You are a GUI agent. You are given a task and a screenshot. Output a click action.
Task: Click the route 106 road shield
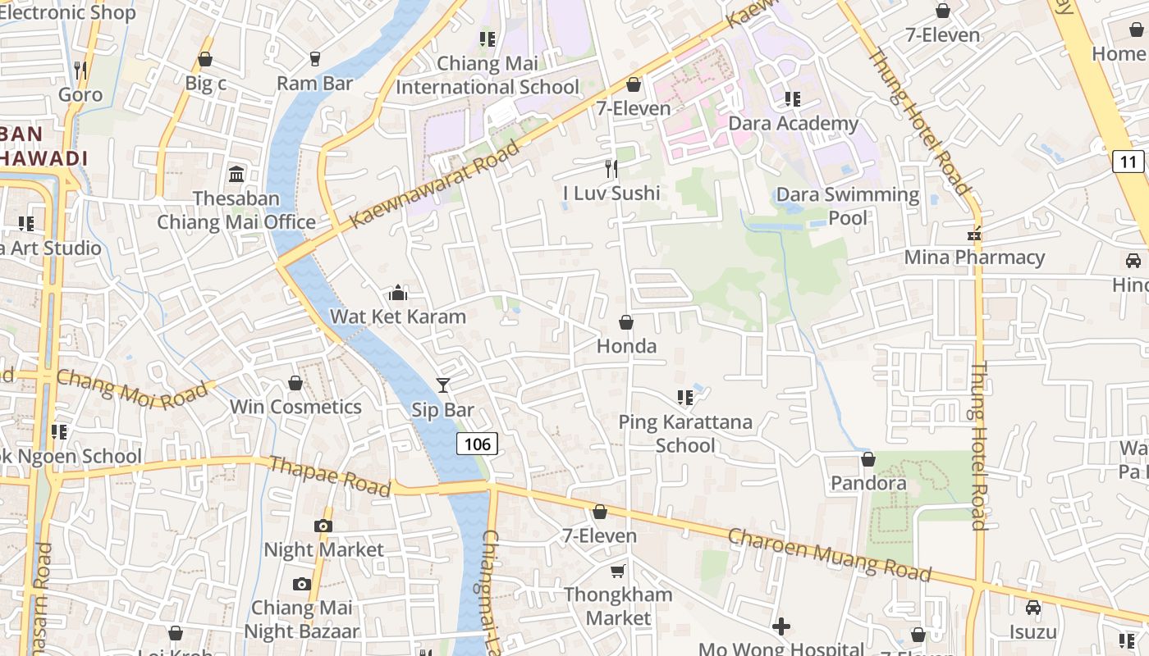tap(477, 444)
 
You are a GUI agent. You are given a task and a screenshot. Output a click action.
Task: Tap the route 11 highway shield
tap(1128, 161)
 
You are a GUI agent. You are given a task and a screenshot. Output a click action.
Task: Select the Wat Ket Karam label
tap(398, 317)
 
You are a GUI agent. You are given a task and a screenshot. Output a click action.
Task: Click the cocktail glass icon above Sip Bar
tap(443, 385)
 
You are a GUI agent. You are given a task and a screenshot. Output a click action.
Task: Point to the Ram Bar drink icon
tap(314, 59)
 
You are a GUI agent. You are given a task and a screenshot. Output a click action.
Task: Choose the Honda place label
tap(626, 346)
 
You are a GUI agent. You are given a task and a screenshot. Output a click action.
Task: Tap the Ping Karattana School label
tap(685, 434)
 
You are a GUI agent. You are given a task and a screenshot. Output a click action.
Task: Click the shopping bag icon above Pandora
tap(868, 459)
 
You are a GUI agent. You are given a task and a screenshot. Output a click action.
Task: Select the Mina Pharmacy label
tap(974, 257)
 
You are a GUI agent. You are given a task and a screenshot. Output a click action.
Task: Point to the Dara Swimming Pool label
tap(848, 206)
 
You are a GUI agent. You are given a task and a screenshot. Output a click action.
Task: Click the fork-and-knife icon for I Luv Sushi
tap(611, 169)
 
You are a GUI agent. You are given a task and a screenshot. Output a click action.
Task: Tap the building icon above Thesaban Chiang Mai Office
tap(236, 174)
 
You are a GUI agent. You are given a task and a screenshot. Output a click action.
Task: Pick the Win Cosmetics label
tap(295, 407)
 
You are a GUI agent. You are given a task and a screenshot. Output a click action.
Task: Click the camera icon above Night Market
tap(323, 526)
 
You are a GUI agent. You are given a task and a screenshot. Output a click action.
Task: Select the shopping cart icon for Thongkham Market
tap(618, 571)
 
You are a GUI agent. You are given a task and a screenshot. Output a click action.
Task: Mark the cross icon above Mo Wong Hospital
tap(781, 627)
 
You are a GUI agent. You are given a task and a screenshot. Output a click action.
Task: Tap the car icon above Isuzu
tap(1032, 608)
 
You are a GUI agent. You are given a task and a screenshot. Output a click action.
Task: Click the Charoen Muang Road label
tap(829, 555)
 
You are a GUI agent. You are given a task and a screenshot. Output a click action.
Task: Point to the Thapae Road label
tap(330, 476)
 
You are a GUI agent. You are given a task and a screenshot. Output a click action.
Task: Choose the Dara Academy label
tap(794, 124)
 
